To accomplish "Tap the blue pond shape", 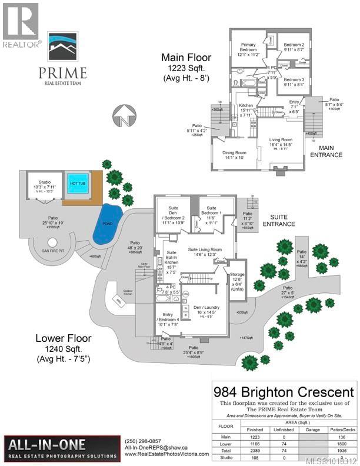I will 108,222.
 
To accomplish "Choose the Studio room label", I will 45,182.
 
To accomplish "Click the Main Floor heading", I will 188,58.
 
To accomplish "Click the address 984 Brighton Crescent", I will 284,391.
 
